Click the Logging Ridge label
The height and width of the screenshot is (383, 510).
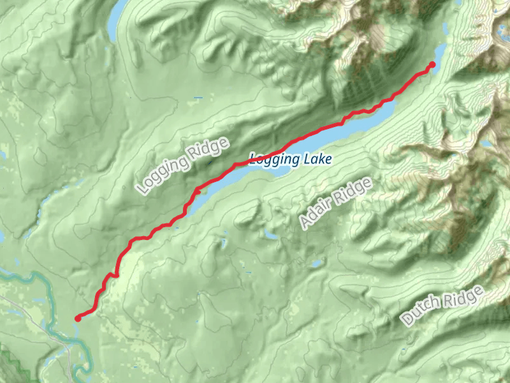[x=182, y=166]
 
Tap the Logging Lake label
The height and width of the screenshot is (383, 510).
[x=291, y=160]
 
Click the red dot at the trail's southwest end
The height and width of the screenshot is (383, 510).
[x=77, y=318]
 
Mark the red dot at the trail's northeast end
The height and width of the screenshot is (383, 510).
[x=432, y=64]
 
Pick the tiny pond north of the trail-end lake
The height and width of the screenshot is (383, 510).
[x=444, y=28]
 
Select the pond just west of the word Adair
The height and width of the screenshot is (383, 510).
[x=271, y=236]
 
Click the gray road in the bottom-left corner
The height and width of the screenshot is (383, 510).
[x=64, y=345]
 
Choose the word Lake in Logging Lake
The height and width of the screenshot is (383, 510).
[x=317, y=160]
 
